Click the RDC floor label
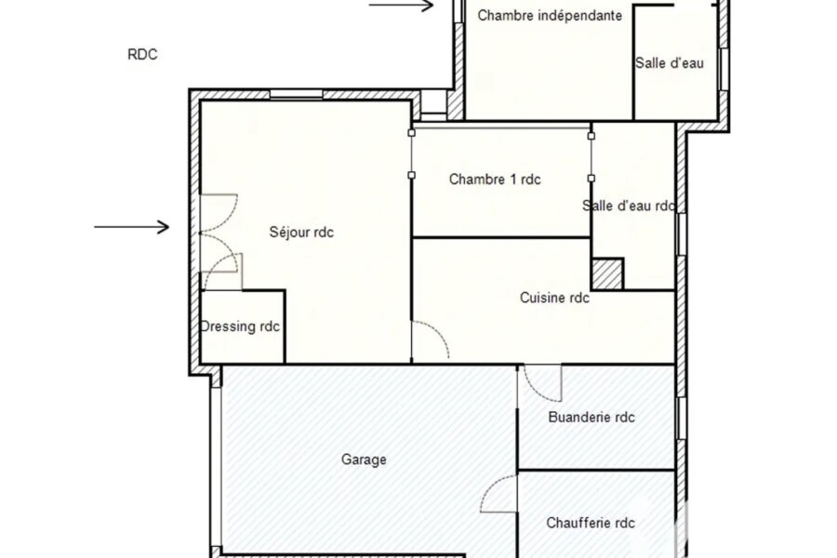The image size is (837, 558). (x=142, y=55)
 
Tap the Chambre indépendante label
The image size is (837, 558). (x=550, y=16)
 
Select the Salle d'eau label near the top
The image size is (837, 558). (x=670, y=63)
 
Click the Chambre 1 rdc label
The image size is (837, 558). (x=495, y=179)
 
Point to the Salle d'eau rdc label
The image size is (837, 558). (x=629, y=206)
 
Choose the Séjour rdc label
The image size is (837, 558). (x=301, y=232)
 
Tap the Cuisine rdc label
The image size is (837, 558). (x=554, y=298)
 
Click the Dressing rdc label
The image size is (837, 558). (x=240, y=326)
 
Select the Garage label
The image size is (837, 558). (x=364, y=459)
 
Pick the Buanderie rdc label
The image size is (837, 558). (x=591, y=417)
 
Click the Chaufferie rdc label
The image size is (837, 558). (x=591, y=523)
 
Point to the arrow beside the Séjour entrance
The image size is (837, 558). (x=132, y=227)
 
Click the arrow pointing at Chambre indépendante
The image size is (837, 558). (x=401, y=6)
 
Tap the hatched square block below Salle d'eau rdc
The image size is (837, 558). (x=607, y=274)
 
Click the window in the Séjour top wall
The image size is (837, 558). (x=297, y=95)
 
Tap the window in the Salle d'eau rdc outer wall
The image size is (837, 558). (x=681, y=234)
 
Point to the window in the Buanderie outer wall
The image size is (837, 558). (x=681, y=418)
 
